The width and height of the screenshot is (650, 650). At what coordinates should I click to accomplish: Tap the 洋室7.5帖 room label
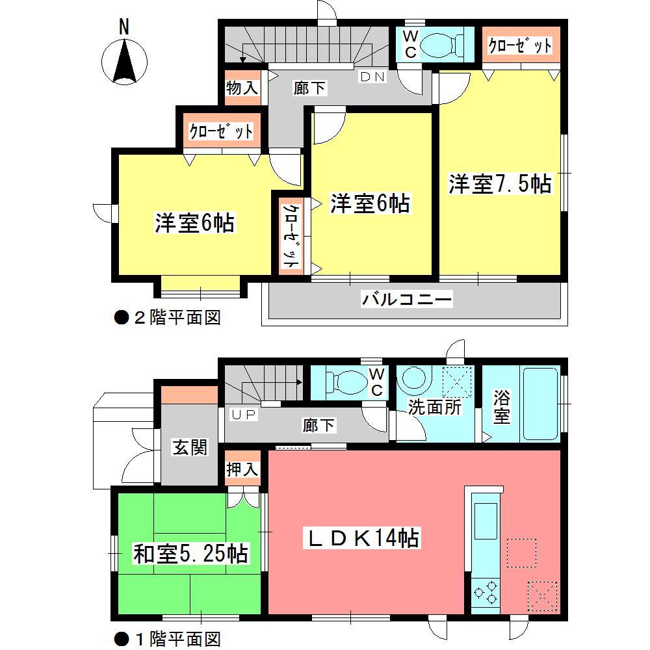pos(499,184)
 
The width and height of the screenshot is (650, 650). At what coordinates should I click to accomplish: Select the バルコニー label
pos(407,300)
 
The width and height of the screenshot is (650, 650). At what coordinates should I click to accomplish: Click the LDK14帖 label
pos(363,538)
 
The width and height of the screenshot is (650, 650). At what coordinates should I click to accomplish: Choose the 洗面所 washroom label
pos(435,408)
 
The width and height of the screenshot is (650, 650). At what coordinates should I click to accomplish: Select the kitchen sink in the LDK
pos(486,520)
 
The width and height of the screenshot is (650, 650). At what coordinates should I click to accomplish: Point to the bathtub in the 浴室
pos(539,404)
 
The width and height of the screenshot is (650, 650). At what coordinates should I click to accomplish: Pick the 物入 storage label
pos(242,88)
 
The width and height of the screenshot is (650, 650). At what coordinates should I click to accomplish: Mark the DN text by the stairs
pos(373,77)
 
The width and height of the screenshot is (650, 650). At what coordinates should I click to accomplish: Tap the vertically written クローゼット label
pos(291,236)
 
